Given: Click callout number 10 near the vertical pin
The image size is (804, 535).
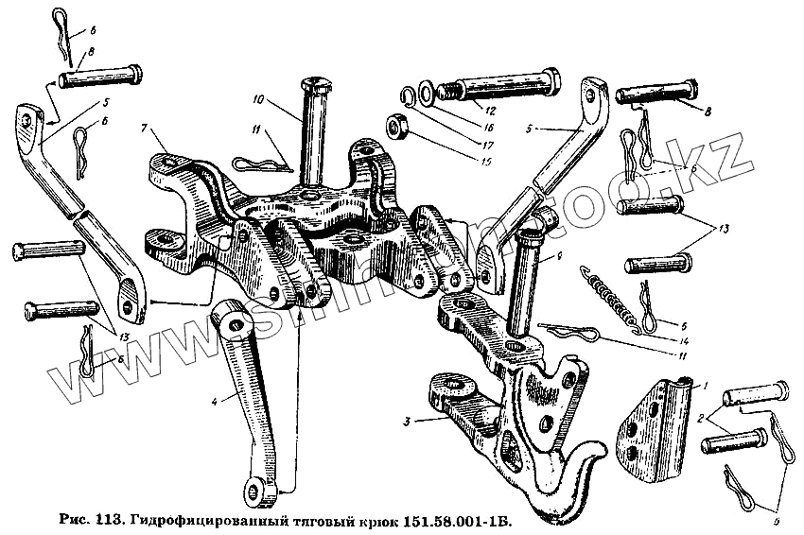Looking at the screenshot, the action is coord(258,98).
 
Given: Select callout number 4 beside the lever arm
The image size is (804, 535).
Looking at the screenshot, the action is coord(216,401).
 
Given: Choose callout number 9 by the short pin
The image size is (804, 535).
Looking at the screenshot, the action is coord(562,256).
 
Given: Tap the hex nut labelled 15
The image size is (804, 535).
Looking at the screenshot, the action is coord(398,124).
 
